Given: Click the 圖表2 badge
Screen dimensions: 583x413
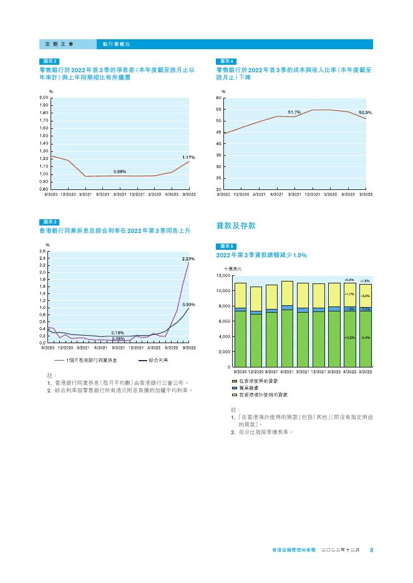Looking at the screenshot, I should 49,62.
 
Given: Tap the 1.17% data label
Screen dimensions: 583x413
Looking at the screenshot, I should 188,158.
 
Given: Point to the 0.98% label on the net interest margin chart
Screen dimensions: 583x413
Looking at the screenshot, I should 120,171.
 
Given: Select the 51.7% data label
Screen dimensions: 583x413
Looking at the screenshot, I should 294,112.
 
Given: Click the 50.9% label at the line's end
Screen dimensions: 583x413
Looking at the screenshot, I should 366,113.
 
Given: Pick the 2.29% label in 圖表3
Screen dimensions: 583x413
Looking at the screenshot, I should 188,258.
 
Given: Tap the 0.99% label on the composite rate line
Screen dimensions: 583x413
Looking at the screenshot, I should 189,305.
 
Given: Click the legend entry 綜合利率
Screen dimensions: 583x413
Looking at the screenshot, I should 158,360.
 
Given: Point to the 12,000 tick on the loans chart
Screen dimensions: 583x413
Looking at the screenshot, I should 223,275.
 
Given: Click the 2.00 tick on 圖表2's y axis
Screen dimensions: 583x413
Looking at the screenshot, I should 42,98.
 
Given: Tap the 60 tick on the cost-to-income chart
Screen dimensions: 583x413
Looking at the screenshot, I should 219,98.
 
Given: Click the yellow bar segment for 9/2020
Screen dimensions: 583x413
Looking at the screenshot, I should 240,295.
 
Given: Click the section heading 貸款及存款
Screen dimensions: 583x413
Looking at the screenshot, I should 236,225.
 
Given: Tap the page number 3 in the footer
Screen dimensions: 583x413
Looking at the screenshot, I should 371,550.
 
